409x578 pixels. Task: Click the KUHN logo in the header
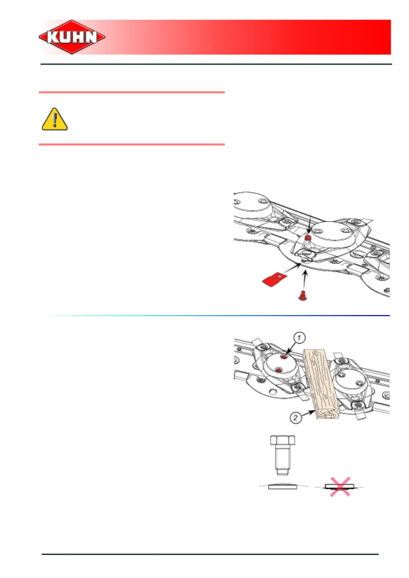coord(72,37)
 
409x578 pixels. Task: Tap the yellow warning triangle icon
coord(54,119)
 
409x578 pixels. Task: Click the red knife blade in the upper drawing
coord(274,280)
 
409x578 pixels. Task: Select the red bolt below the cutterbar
coord(302,296)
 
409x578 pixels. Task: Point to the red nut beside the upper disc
coord(308,238)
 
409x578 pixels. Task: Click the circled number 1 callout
coord(299,338)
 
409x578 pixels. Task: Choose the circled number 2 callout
coord(296,418)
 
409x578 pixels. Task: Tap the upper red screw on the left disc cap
coord(284,357)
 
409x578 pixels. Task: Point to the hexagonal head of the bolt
coord(283,440)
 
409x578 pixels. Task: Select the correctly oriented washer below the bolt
coord(283,486)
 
